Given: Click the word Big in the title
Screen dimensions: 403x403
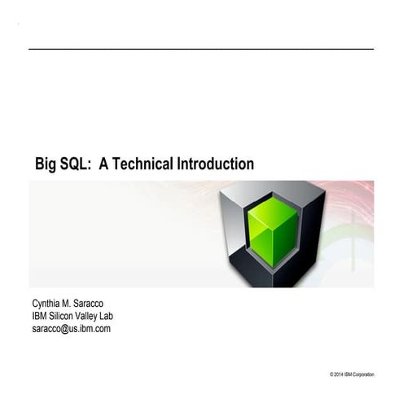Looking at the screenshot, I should (x=46, y=164).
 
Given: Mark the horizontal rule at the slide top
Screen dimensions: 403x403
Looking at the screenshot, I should (x=201, y=49).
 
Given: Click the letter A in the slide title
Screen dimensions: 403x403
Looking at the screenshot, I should (x=103, y=164).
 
